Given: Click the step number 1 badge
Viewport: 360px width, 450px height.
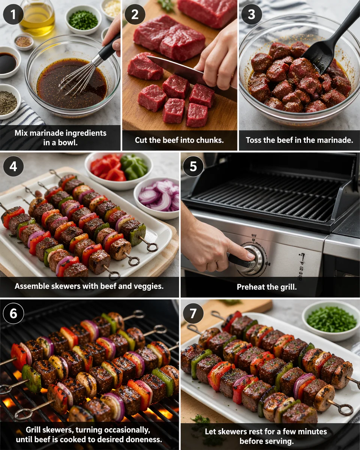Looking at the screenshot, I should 13,15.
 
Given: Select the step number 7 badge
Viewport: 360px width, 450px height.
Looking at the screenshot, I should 193,313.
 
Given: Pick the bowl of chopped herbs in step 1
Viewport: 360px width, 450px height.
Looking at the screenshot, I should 83,19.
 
